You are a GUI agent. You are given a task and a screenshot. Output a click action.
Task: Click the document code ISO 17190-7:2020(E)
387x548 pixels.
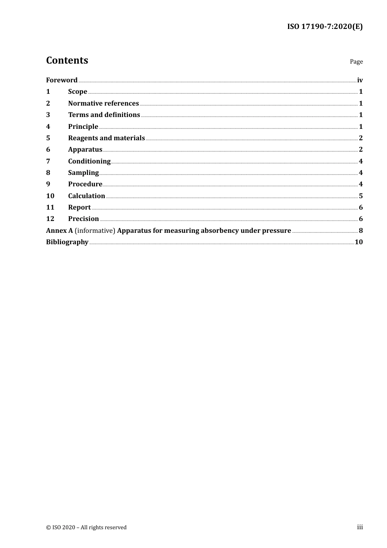(x=325, y=27)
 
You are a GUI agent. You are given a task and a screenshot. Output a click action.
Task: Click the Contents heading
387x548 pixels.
(x=67, y=60)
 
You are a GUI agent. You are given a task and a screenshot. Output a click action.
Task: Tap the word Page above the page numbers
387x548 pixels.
(x=356, y=62)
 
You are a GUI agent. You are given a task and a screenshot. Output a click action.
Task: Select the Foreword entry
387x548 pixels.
(x=62, y=80)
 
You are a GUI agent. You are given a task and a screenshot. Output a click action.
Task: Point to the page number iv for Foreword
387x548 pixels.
(x=360, y=80)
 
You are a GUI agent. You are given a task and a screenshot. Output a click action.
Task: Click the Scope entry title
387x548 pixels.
(x=77, y=91)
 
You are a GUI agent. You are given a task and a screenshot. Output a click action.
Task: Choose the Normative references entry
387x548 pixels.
(x=103, y=103)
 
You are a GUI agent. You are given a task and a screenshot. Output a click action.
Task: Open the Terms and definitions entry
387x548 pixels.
(x=104, y=115)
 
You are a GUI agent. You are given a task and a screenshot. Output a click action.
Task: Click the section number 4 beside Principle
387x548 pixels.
(x=48, y=126)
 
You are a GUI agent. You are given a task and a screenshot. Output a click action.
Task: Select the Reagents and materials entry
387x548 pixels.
(x=106, y=138)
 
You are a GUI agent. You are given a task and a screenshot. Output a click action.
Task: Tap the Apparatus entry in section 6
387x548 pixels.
(x=85, y=149)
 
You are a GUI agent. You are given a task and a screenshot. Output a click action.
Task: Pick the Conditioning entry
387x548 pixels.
(x=89, y=161)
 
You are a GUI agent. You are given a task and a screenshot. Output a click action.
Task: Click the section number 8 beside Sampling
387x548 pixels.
(x=48, y=172)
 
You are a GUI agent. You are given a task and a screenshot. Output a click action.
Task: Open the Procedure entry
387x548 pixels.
(x=85, y=184)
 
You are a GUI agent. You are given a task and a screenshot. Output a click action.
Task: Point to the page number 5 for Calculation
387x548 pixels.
(x=361, y=196)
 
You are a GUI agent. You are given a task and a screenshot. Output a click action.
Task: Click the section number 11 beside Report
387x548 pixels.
(x=50, y=207)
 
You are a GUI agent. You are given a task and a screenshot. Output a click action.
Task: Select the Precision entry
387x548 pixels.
(x=84, y=219)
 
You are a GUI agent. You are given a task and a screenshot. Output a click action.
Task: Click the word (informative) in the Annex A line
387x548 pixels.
(x=95, y=230)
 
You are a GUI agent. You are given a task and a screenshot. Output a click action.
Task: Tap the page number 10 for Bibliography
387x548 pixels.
(x=358, y=242)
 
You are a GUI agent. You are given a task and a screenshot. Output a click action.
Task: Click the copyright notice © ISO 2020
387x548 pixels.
(x=86, y=527)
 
